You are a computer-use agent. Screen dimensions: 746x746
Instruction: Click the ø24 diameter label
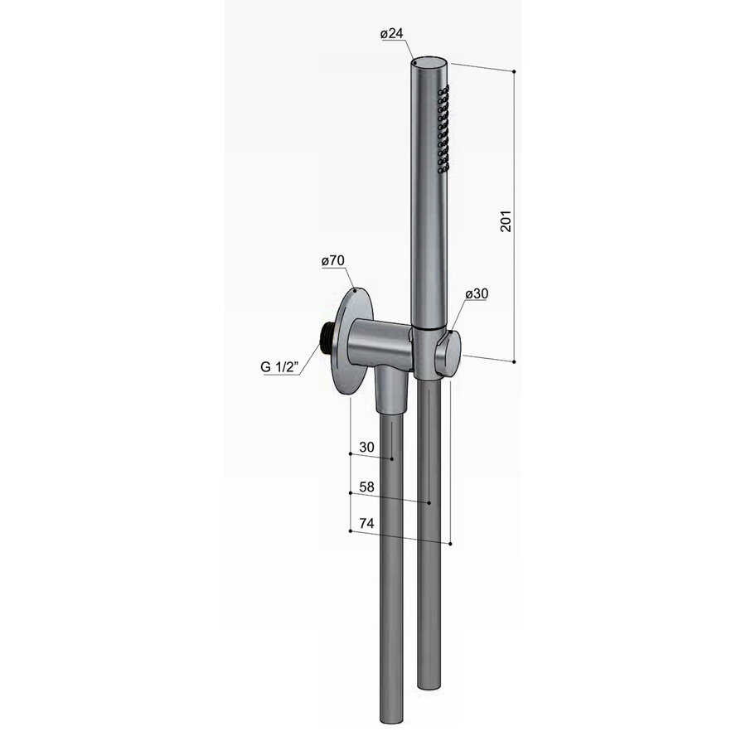click(x=392, y=34)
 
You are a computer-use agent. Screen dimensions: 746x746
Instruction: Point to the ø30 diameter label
click(x=477, y=293)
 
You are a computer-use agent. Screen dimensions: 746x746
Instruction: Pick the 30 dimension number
click(x=366, y=448)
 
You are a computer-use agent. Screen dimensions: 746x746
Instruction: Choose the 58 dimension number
click(x=366, y=487)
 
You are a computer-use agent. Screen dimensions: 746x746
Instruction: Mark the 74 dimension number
click(x=366, y=524)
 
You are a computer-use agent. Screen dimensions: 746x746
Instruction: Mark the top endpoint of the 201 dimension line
click(x=515, y=73)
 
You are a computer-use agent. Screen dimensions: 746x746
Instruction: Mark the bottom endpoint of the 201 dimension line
click(x=515, y=361)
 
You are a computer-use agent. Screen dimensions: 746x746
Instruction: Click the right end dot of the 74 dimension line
click(x=450, y=545)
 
